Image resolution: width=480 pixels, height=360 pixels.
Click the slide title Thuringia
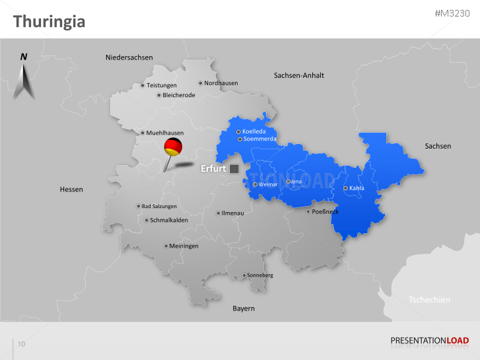point(49,22)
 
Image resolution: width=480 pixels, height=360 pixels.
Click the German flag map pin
point(174,147)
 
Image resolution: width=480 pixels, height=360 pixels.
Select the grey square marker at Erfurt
point(234,168)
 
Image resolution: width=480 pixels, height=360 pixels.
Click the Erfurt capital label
point(213,168)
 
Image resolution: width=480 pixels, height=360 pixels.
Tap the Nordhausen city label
point(221,83)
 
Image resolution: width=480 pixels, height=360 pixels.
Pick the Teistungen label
point(161,85)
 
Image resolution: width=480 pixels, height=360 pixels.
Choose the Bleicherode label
point(178,95)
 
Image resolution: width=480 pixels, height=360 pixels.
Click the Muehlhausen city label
point(164,133)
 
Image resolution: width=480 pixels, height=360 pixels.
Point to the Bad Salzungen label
point(158,206)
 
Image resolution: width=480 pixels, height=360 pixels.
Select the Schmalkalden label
point(168,220)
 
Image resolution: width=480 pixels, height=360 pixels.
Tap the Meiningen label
point(184,246)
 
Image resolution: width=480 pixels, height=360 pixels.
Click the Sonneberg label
point(259,275)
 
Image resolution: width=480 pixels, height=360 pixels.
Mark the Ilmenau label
point(233,213)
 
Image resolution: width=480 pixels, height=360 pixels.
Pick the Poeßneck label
point(326,211)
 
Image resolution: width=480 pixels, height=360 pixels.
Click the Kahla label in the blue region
point(356,188)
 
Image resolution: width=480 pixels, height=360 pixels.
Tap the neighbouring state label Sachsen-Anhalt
point(298,75)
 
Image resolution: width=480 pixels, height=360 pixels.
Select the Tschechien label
point(429,300)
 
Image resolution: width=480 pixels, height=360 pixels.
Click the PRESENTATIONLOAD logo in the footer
point(429,341)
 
